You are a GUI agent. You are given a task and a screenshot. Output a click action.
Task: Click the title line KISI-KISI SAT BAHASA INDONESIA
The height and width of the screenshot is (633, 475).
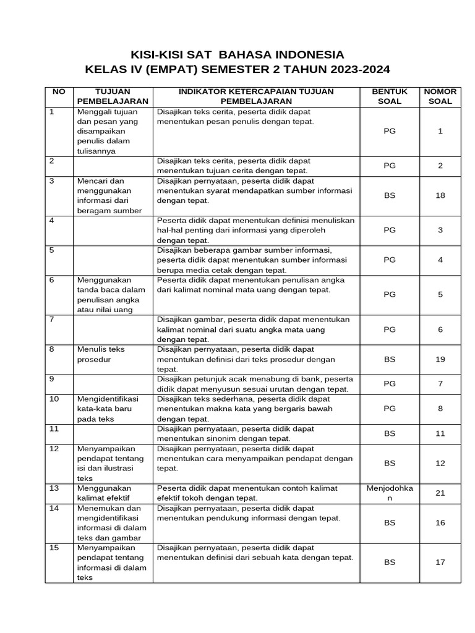[x=237, y=54]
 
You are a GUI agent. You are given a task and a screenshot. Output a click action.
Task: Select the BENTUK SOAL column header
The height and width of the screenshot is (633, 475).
[x=389, y=96]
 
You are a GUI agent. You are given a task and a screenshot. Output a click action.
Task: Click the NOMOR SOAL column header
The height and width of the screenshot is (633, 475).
[x=440, y=96]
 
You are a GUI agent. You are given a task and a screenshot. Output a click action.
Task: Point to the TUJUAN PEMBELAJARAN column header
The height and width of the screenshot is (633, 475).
[x=112, y=96]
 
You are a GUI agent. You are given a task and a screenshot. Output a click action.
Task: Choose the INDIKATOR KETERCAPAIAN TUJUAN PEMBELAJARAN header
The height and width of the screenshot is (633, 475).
[x=256, y=96]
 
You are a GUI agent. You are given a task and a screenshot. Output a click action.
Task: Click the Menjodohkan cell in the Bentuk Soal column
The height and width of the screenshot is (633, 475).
[x=389, y=493]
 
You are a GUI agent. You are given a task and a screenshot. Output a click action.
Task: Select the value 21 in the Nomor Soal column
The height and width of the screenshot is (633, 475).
[x=440, y=493]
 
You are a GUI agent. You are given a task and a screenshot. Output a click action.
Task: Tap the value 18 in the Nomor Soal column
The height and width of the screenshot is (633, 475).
[x=440, y=195]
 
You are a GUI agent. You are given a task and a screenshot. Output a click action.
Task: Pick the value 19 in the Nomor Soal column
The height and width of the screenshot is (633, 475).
[x=440, y=359]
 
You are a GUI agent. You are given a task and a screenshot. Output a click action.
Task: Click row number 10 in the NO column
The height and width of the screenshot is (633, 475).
[x=54, y=399]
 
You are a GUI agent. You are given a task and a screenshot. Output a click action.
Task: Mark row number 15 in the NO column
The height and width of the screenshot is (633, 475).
[x=54, y=548]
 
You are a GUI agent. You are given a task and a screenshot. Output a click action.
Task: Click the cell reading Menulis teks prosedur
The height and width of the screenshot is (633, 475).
[x=100, y=354]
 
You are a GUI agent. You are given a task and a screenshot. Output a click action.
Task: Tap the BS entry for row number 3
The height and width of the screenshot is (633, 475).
[x=389, y=195]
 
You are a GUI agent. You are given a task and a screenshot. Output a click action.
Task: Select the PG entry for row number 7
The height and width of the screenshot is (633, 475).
[x=389, y=329]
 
